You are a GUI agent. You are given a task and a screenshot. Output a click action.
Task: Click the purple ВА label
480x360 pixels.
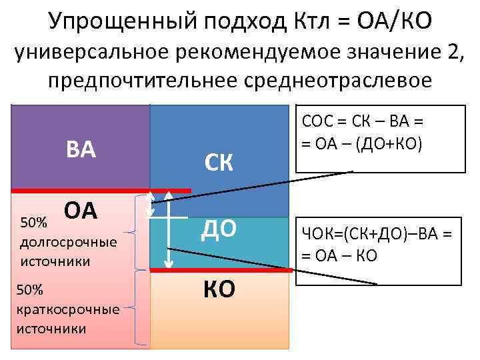coord(81,149)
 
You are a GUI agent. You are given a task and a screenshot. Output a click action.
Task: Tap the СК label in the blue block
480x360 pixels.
coord(219,163)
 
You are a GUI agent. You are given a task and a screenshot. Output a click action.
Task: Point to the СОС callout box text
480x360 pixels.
coord(364,133)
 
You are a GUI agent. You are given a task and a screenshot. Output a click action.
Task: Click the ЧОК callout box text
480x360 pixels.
coord(377,243)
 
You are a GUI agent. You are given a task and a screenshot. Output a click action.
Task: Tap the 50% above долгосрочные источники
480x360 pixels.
coord(35,221)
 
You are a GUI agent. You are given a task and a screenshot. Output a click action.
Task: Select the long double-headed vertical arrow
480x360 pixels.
coord(169,229)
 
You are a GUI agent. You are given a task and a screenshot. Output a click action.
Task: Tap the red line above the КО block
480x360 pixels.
coord(220,270)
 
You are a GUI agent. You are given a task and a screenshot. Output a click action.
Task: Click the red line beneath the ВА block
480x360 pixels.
coord(100,190)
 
